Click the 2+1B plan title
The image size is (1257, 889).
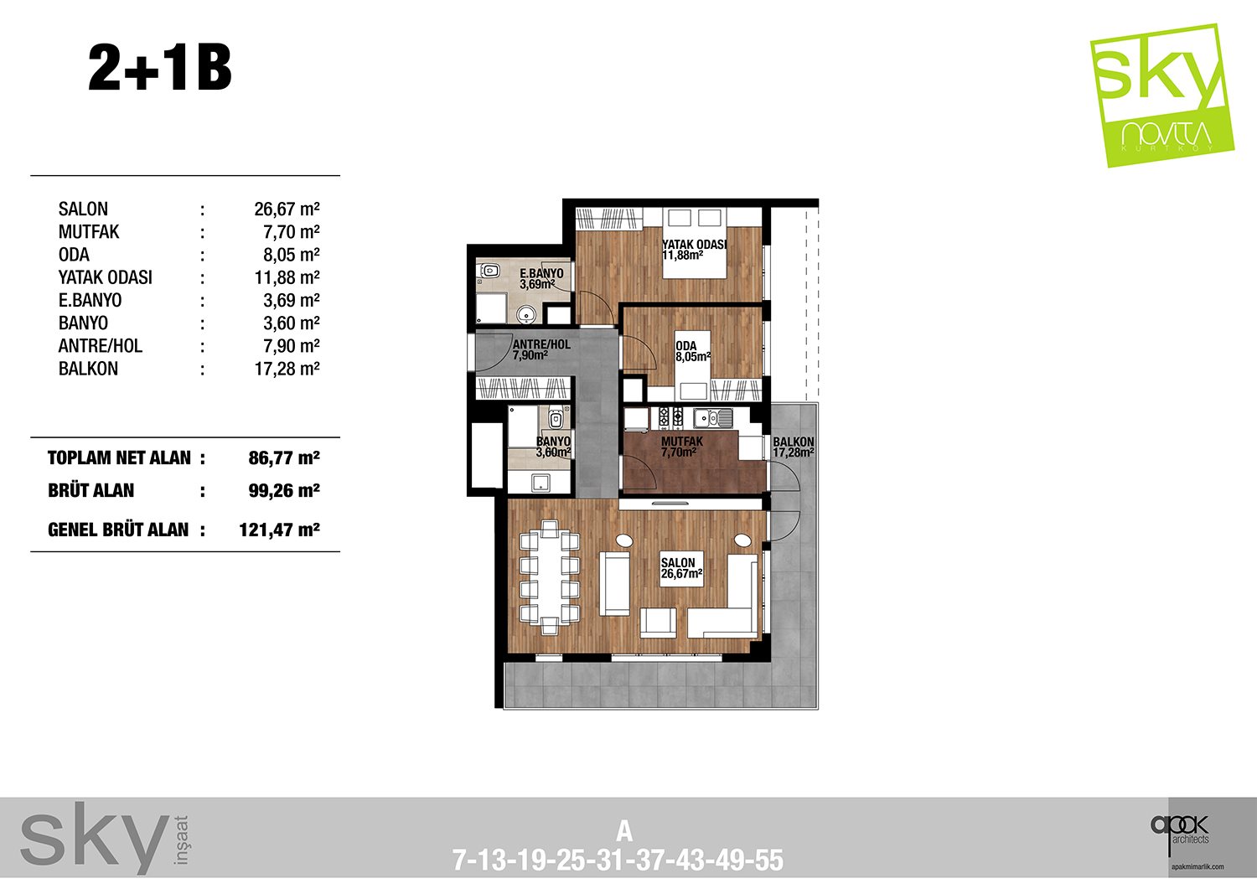click(160, 69)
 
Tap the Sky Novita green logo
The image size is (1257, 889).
click(1161, 95)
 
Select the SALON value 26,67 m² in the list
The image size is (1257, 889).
click(287, 209)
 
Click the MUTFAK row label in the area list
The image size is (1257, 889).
click(89, 232)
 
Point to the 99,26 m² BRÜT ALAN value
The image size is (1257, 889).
click(284, 490)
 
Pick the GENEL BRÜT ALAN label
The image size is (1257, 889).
click(118, 530)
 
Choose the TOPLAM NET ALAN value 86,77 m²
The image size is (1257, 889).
click(284, 458)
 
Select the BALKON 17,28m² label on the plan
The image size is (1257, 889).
click(793, 447)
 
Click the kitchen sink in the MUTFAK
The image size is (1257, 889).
click(712, 417)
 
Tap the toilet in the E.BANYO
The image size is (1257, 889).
click(489, 271)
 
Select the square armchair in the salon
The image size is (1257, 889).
click(658, 623)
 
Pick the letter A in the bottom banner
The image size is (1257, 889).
click(624, 832)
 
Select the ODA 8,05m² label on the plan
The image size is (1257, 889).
click(693, 351)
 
